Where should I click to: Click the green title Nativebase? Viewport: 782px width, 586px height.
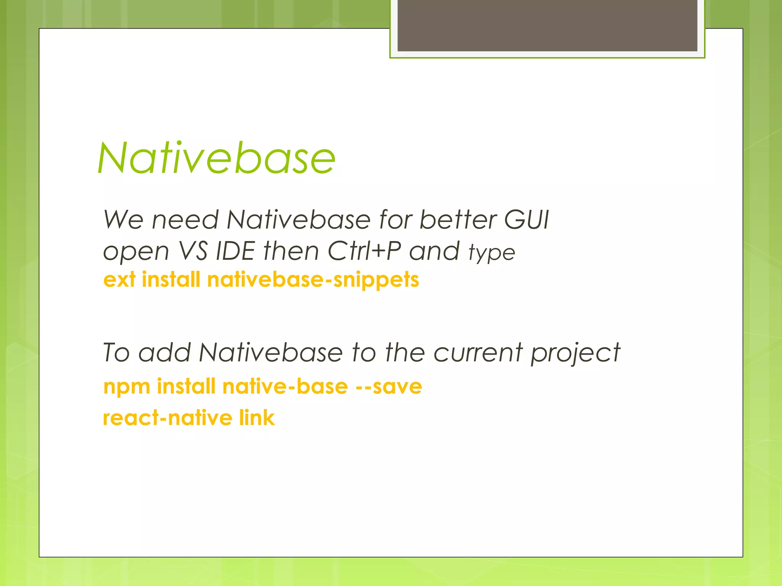click(217, 158)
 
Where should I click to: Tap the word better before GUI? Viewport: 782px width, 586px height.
click(458, 220)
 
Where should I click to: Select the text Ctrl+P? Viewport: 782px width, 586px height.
click(364, 251)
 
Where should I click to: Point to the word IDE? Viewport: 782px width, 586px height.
click(235, 251)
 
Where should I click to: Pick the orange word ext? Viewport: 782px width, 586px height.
click(119, 280)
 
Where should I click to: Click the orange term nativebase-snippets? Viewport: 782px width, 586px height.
click(313, 280)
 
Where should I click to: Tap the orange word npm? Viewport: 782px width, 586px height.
click(127, 386)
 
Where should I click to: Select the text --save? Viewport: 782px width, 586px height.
click(388, 386)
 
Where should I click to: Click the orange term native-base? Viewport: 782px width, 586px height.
click(285, 386)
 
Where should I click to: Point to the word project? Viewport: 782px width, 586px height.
click(575, 353)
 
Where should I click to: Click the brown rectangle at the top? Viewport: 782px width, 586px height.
click(547, 25)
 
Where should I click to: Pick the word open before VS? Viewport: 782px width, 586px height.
click(136, 252)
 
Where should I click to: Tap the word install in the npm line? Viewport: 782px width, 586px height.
click(186, 386)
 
